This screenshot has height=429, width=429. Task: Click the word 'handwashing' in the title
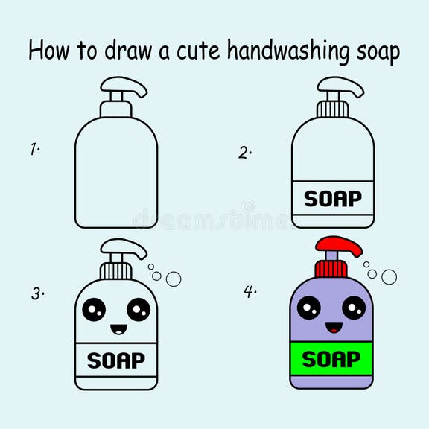tap(288, 51)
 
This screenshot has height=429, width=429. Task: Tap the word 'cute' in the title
tap(198, 51)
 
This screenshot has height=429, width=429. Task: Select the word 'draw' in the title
tap(128, 50)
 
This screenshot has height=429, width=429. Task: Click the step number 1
tap(34, 149)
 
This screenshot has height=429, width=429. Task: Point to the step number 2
tap(244, 153)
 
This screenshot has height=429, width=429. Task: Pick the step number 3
tap(37, 293)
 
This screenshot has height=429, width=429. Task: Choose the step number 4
tap(250, 291)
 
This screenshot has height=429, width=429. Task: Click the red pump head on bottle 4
tap(339, 246)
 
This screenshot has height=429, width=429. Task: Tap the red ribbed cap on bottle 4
tap(331, 269)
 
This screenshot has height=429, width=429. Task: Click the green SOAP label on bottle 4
tap(331, 359)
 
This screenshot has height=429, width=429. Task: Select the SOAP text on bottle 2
tap(333, 199)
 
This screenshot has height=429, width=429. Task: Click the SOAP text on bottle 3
tap(116, 360)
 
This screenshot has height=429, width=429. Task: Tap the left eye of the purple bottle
tap(309, 308)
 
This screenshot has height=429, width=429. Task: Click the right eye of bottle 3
tap(139, 309)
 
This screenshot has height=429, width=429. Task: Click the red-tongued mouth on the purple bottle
tap(334, 328)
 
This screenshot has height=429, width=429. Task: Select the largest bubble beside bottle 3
tap(174, 279)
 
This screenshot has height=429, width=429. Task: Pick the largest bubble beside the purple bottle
tap(389, 277)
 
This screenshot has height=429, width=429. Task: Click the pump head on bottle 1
tap(124, 85)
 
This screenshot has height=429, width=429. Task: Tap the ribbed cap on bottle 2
tap(333, 109)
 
